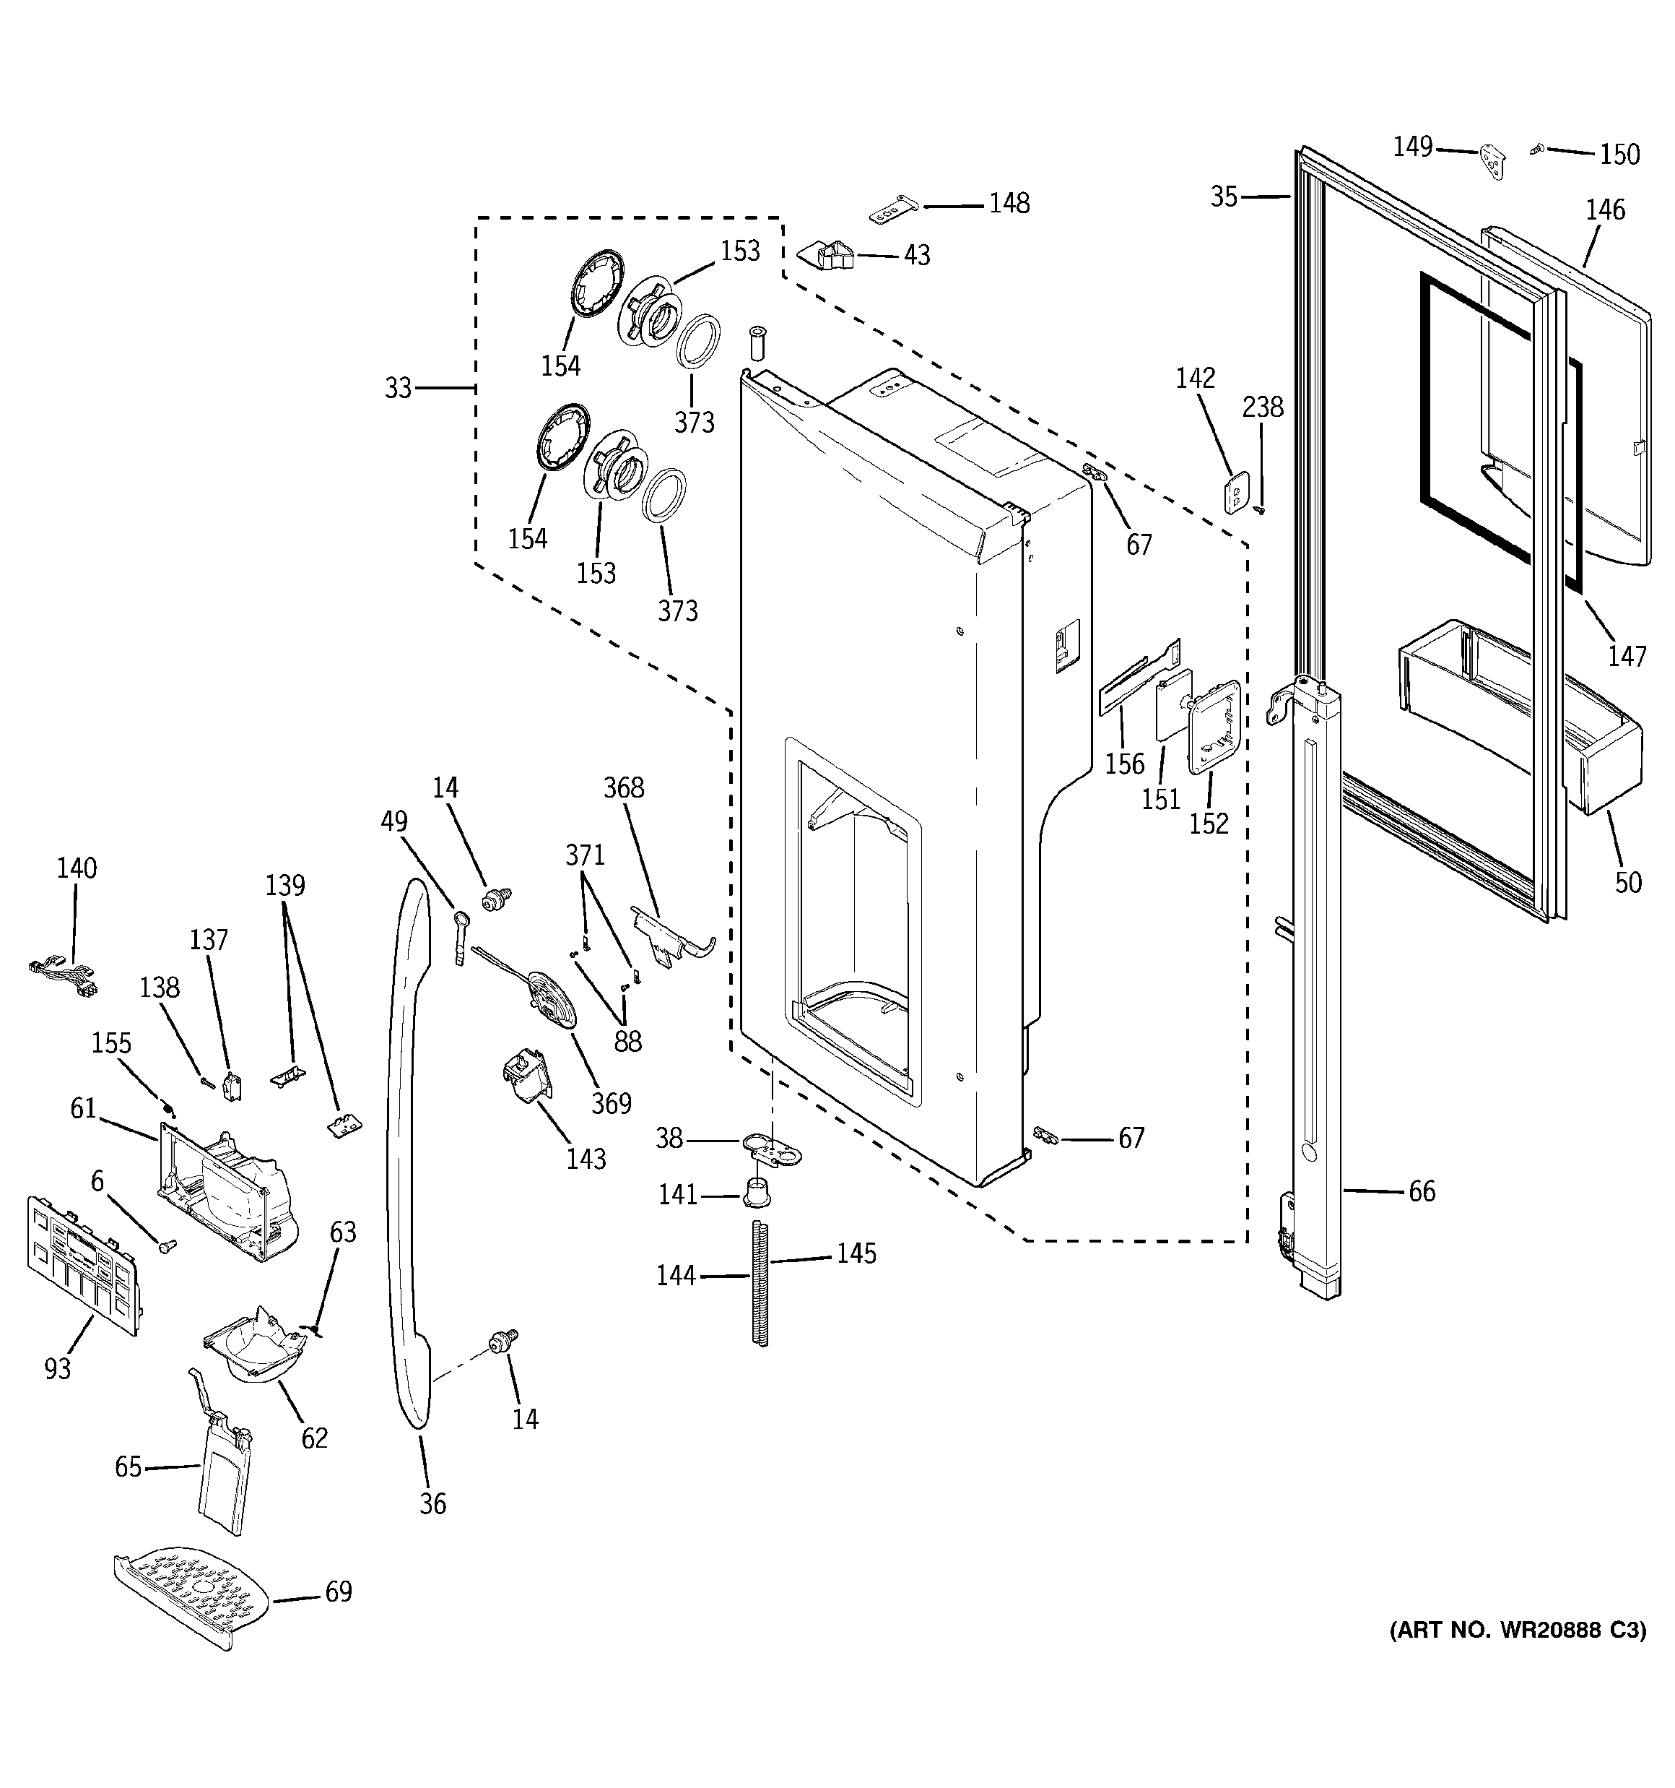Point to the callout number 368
click(x=623, y=788)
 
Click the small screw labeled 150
click(x=1537, y=148)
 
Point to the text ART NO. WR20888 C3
click(x=1518, y=1656)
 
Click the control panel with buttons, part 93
click(x=84, y=1264)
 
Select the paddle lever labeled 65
click(x=220, y=1457)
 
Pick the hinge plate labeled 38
click(x=770, y=1146)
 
